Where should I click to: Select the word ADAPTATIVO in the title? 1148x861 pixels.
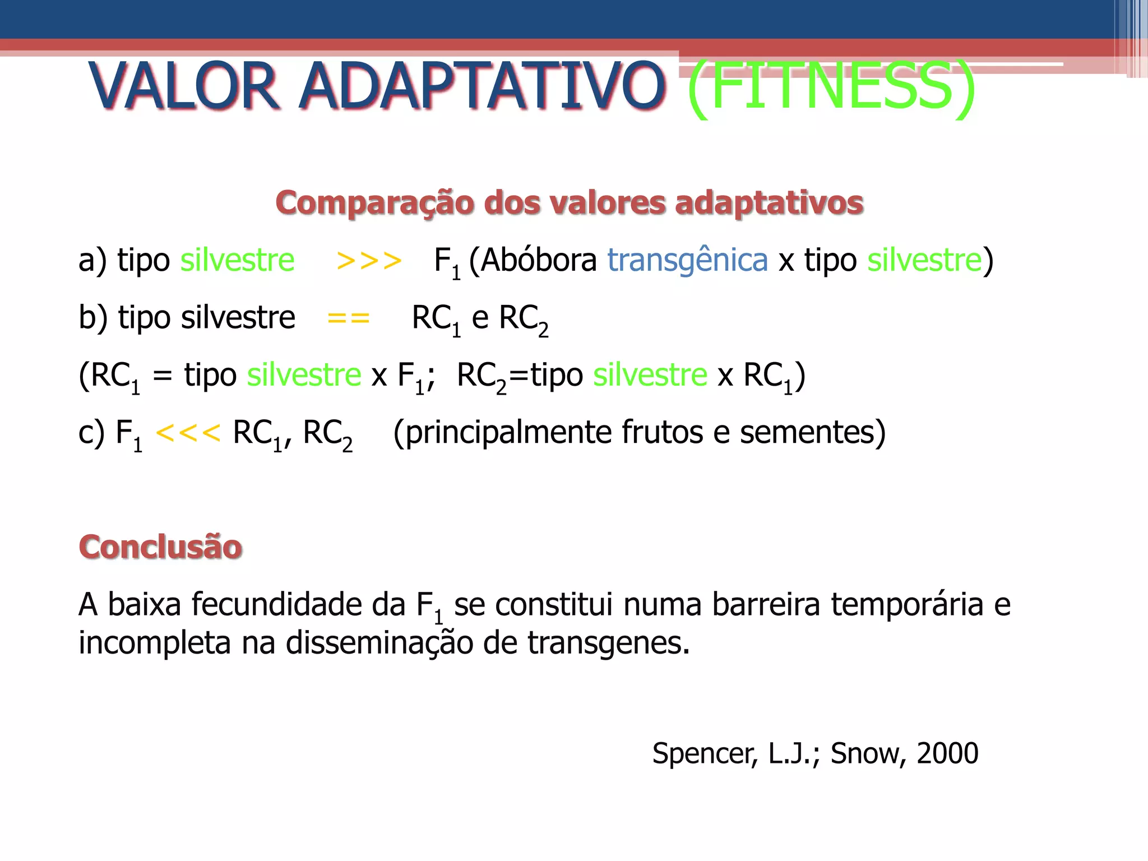point(482,87)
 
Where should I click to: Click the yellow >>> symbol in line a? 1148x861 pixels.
point(369,261)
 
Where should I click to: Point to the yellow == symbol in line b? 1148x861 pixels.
point(348,318)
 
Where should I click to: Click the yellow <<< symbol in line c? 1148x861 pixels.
point(188,432)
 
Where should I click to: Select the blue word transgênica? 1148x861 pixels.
point(687,261)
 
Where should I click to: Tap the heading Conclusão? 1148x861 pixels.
point(160,547)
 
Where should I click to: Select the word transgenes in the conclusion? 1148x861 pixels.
point(608,642)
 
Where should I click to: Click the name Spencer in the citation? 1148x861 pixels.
point(705,753)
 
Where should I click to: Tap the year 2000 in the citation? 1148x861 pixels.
point(947,753)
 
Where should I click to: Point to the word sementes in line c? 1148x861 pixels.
point(812,432)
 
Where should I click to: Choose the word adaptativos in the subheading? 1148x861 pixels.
point(769,202)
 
